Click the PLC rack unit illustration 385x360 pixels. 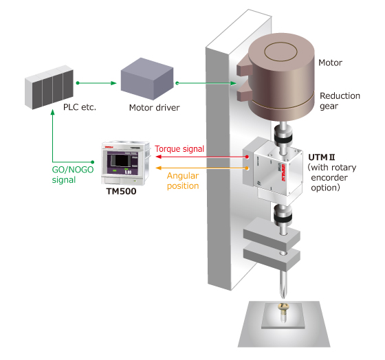click(x=49, y=87)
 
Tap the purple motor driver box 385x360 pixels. click(x=147, y=79)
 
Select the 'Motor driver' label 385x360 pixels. click(x=154, y=108)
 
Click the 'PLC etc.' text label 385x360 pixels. click(x=80, y=107)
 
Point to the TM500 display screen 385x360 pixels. click(x=122, y=162)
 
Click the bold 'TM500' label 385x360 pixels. click(x=121, y=192)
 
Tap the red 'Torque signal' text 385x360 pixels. click(x=179, y=149)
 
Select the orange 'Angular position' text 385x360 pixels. click(x=183, y=181)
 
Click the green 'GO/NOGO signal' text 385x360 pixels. click(x=73, y=175)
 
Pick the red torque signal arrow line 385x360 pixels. click(x=202, y=157)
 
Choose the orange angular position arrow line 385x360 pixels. click(x=202, y=168)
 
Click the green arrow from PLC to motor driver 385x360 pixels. click(x=96, y=83)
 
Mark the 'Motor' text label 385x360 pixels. click(x=330, y=63)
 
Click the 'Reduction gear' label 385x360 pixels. click(x=340, y=101)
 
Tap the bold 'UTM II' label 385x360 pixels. click(x=322, y=157)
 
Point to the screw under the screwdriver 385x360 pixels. click(x=283, y=312)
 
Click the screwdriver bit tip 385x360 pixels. click(x=283, y=298)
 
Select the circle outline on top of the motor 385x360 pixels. click(x=281, y=52)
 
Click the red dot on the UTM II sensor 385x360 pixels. click(x=247, y=157)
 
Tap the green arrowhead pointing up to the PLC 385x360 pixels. click(x=52, y=112)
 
